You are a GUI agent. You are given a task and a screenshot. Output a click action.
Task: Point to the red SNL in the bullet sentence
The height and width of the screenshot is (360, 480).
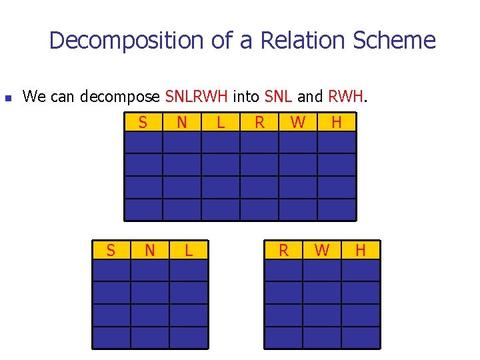(278, 97)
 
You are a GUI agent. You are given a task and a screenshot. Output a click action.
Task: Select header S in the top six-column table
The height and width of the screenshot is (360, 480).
(143, 122)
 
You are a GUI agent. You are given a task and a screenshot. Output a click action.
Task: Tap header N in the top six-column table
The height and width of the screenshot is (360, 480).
(181, 122)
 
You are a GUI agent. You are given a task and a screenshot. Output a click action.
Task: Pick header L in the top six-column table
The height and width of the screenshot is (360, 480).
(221, 122)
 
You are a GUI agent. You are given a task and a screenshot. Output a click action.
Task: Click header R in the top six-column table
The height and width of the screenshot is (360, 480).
(259, 122)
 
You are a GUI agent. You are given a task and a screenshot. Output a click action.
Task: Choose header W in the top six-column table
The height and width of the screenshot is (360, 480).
(298, 122)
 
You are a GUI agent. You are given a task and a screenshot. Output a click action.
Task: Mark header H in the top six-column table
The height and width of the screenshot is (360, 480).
(337, 122)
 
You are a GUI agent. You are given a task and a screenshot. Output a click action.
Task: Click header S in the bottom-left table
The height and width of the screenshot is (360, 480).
(111, 250)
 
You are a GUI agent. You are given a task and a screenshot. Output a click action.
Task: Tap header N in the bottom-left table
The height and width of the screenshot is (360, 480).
(150, 250)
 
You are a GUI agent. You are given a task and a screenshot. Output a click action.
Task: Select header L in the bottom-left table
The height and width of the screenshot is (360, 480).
(189, 250)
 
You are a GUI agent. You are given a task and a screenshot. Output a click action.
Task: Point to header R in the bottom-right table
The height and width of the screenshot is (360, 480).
(283, 250)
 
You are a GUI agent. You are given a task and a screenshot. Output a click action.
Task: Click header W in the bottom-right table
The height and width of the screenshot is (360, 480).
(322, 250)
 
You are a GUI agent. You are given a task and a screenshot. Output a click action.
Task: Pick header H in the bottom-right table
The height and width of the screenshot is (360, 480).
(361, 250)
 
